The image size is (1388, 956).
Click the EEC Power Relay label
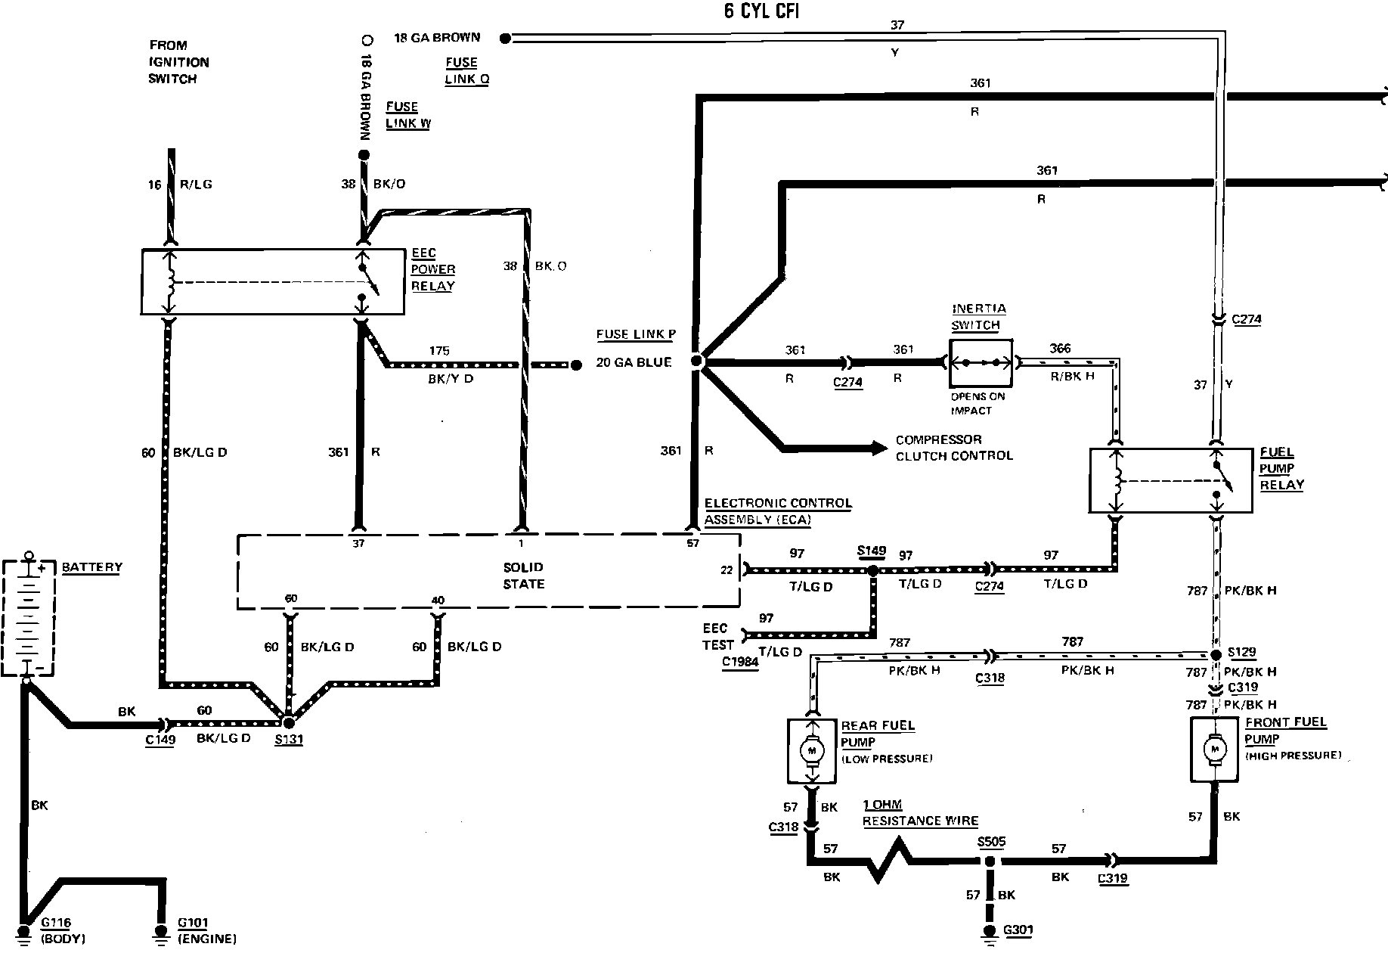(432, 269)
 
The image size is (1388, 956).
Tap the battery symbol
(29, 616)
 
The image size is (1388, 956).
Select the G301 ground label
(1018, 930)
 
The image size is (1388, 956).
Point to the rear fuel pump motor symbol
(813, 750)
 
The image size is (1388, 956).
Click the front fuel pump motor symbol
(1215, 748)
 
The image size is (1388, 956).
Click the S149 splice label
(871, 552)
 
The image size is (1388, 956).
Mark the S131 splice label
(288, 739)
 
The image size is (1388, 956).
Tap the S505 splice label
(990, 842)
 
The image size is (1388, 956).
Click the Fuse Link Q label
(466, 70)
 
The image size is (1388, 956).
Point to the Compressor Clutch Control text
(953, 448)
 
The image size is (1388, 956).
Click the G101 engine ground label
(206, 931)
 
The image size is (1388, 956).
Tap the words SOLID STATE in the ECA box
(523, 575)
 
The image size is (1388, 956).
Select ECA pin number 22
(727, 570)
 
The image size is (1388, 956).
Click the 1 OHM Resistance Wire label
(920, 813)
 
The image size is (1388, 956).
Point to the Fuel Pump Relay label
(1281, 468)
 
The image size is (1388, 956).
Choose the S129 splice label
(1241, 652)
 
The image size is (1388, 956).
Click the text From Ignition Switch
(178, 62)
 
